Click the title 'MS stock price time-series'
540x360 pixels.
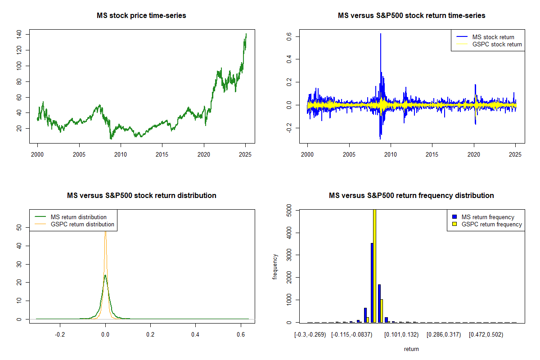(x=141, y=16)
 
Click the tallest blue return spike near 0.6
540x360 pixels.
(x=381, y=34)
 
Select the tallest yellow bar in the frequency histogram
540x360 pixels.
(x=374, y=265)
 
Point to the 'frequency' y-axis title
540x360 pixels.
(x=275, y=266)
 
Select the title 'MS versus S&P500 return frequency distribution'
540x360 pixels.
(x=411, y=196)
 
